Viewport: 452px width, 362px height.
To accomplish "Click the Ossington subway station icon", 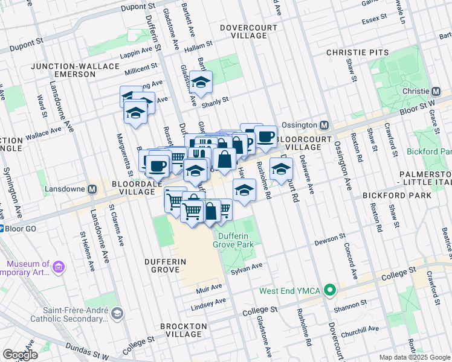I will pos(324,125).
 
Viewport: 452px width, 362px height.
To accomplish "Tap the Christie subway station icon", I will pos(434,91).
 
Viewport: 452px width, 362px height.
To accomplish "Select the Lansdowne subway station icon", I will pos(92,189).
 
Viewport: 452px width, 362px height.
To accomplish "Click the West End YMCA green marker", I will pos(329,291).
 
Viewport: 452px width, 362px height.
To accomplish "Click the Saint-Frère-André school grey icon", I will pos(117,313).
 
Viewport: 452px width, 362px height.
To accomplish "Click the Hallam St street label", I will pos(199,44).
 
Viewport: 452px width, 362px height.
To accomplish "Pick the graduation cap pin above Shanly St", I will pos(201,81).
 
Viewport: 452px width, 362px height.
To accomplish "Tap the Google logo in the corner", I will pos(21,355).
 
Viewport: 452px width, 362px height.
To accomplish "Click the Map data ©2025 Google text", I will pos(415,357).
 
